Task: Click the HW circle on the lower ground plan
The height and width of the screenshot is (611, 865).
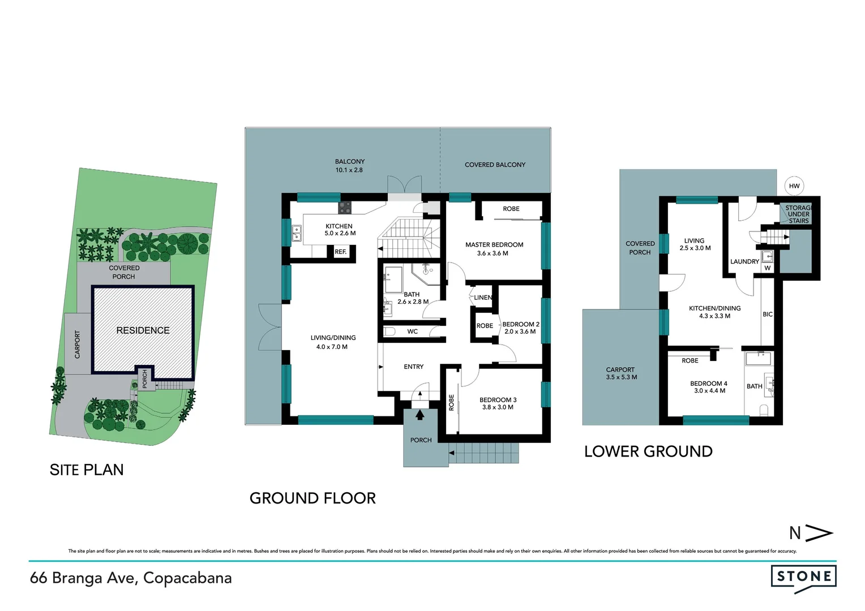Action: [x=794, y=186]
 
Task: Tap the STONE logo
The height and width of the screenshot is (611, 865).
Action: [x=803, y=577]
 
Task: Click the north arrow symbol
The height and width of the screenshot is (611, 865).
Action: [x=812, y=533]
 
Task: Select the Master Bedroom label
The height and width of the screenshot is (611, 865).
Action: [x=494, y=245]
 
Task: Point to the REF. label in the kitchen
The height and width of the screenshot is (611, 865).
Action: [x=340, y=252]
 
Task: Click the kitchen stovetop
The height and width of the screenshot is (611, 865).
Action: [x=345, y=208]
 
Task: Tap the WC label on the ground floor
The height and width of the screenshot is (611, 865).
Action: [x=412, y=332]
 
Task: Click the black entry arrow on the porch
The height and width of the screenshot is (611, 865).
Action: [x=420, y=415]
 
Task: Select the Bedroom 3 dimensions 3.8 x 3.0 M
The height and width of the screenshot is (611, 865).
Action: [x=498, y=407]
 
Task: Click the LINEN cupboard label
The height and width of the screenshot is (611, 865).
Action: [x=483, y=298]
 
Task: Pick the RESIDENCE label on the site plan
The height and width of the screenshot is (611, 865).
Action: [x=143, y=330]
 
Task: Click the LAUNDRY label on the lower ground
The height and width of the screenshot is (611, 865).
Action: [x=744, y=261]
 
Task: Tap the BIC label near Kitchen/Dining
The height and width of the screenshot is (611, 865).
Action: [x=768, y=315]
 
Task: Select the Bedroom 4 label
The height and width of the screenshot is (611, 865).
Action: [x=709, y=384]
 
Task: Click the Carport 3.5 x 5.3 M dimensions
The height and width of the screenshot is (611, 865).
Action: [x=621, y=377]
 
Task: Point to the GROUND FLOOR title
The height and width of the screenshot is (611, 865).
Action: [x=312, y=498]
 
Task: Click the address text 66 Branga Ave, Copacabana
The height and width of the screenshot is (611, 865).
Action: [x=131, y=578]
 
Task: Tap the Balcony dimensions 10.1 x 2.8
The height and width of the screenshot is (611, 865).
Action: [x=349, y=170]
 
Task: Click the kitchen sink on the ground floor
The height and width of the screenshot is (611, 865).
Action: [x=296, y=233]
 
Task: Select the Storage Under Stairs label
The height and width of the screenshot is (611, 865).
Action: [x=798, y=214]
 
